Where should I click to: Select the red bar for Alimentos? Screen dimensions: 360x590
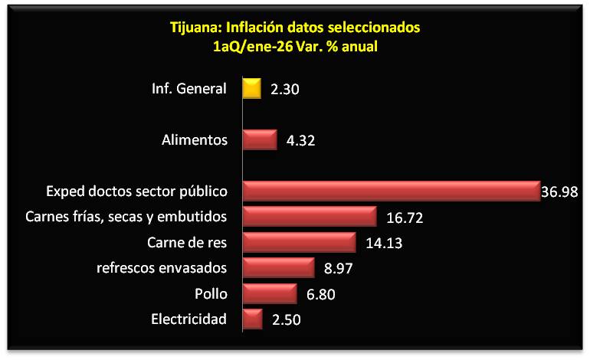(x=259, y=140)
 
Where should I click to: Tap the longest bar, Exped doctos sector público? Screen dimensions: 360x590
(x=391, y=191)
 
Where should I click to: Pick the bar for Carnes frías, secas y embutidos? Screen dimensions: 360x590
(x=309, y=217)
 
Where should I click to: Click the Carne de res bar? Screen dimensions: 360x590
(x=299, y=243)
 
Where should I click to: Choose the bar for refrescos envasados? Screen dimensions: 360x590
(x=278, y=268)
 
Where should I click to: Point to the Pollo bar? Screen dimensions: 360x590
(x=269, y=293)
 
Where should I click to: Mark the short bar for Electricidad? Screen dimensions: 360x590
(x=252, y=319)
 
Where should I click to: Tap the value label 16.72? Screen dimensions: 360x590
(x=406, y=218)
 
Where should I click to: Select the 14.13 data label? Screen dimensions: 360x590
(x=385, y=244)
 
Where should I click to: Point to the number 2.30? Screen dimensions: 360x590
(x=284, y=90)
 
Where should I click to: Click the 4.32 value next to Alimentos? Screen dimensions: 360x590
(x=301, y=141)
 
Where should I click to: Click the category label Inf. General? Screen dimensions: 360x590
(x=188, y=89)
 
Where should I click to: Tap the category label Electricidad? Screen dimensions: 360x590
(x=189, y=319)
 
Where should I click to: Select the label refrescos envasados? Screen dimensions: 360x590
(x=162, y=268)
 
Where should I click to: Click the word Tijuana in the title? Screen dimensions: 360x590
(x=195, y=28)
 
